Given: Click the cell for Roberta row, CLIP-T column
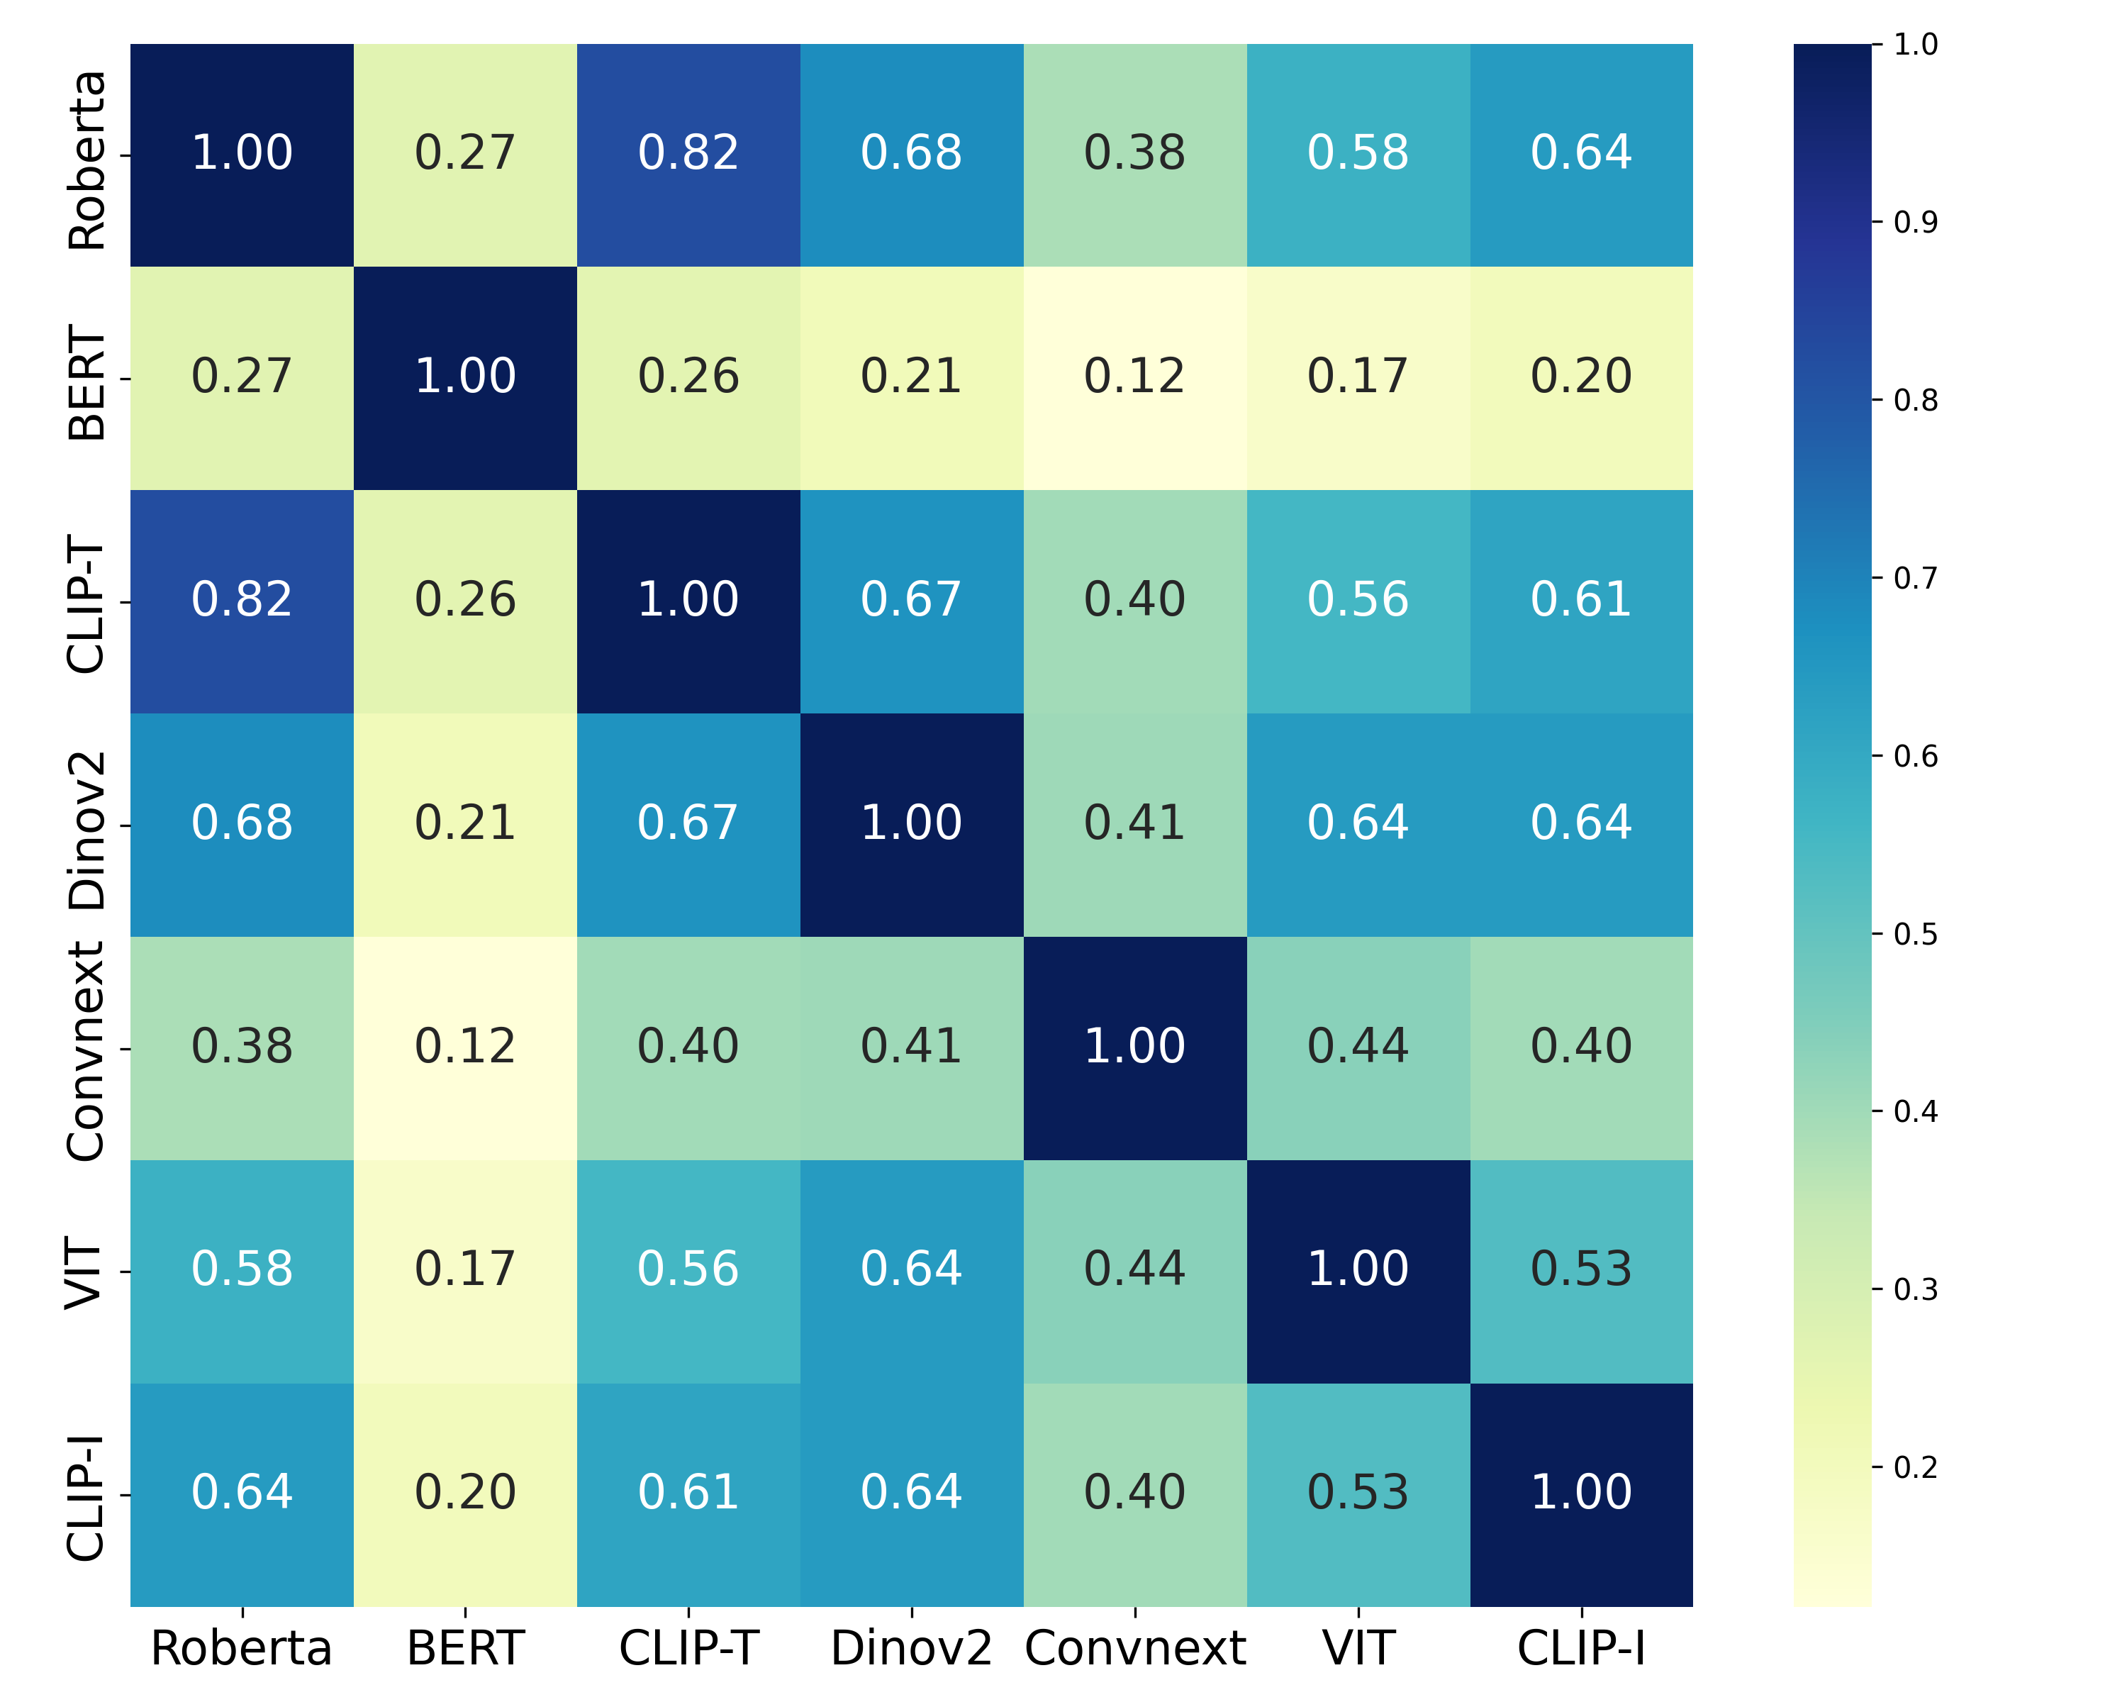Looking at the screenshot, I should tap(688, 154).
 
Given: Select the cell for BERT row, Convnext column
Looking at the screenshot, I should tap(1134, 377).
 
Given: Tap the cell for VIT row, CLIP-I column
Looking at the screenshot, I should tap(1580, 1270).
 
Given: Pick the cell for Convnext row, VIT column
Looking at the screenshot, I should tap(1358, 1047).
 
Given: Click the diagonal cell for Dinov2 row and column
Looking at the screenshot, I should tap(910, 824).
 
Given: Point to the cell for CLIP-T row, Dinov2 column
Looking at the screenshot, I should tap(910, 600).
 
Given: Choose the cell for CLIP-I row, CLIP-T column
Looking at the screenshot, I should tap(688, 1493).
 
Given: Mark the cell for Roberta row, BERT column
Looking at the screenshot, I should tap(464, 154).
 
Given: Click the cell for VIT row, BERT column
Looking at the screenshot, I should tap(464, 1270).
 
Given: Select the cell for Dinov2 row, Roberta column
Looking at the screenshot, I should tap(242, 824).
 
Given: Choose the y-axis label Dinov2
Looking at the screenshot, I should tap(86, 829).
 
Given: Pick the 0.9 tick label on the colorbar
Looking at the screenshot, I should tap(1915, 223).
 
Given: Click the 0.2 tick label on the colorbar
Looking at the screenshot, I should tap(1915, 1468).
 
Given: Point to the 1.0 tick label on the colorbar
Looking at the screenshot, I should tap(1915, 45).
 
